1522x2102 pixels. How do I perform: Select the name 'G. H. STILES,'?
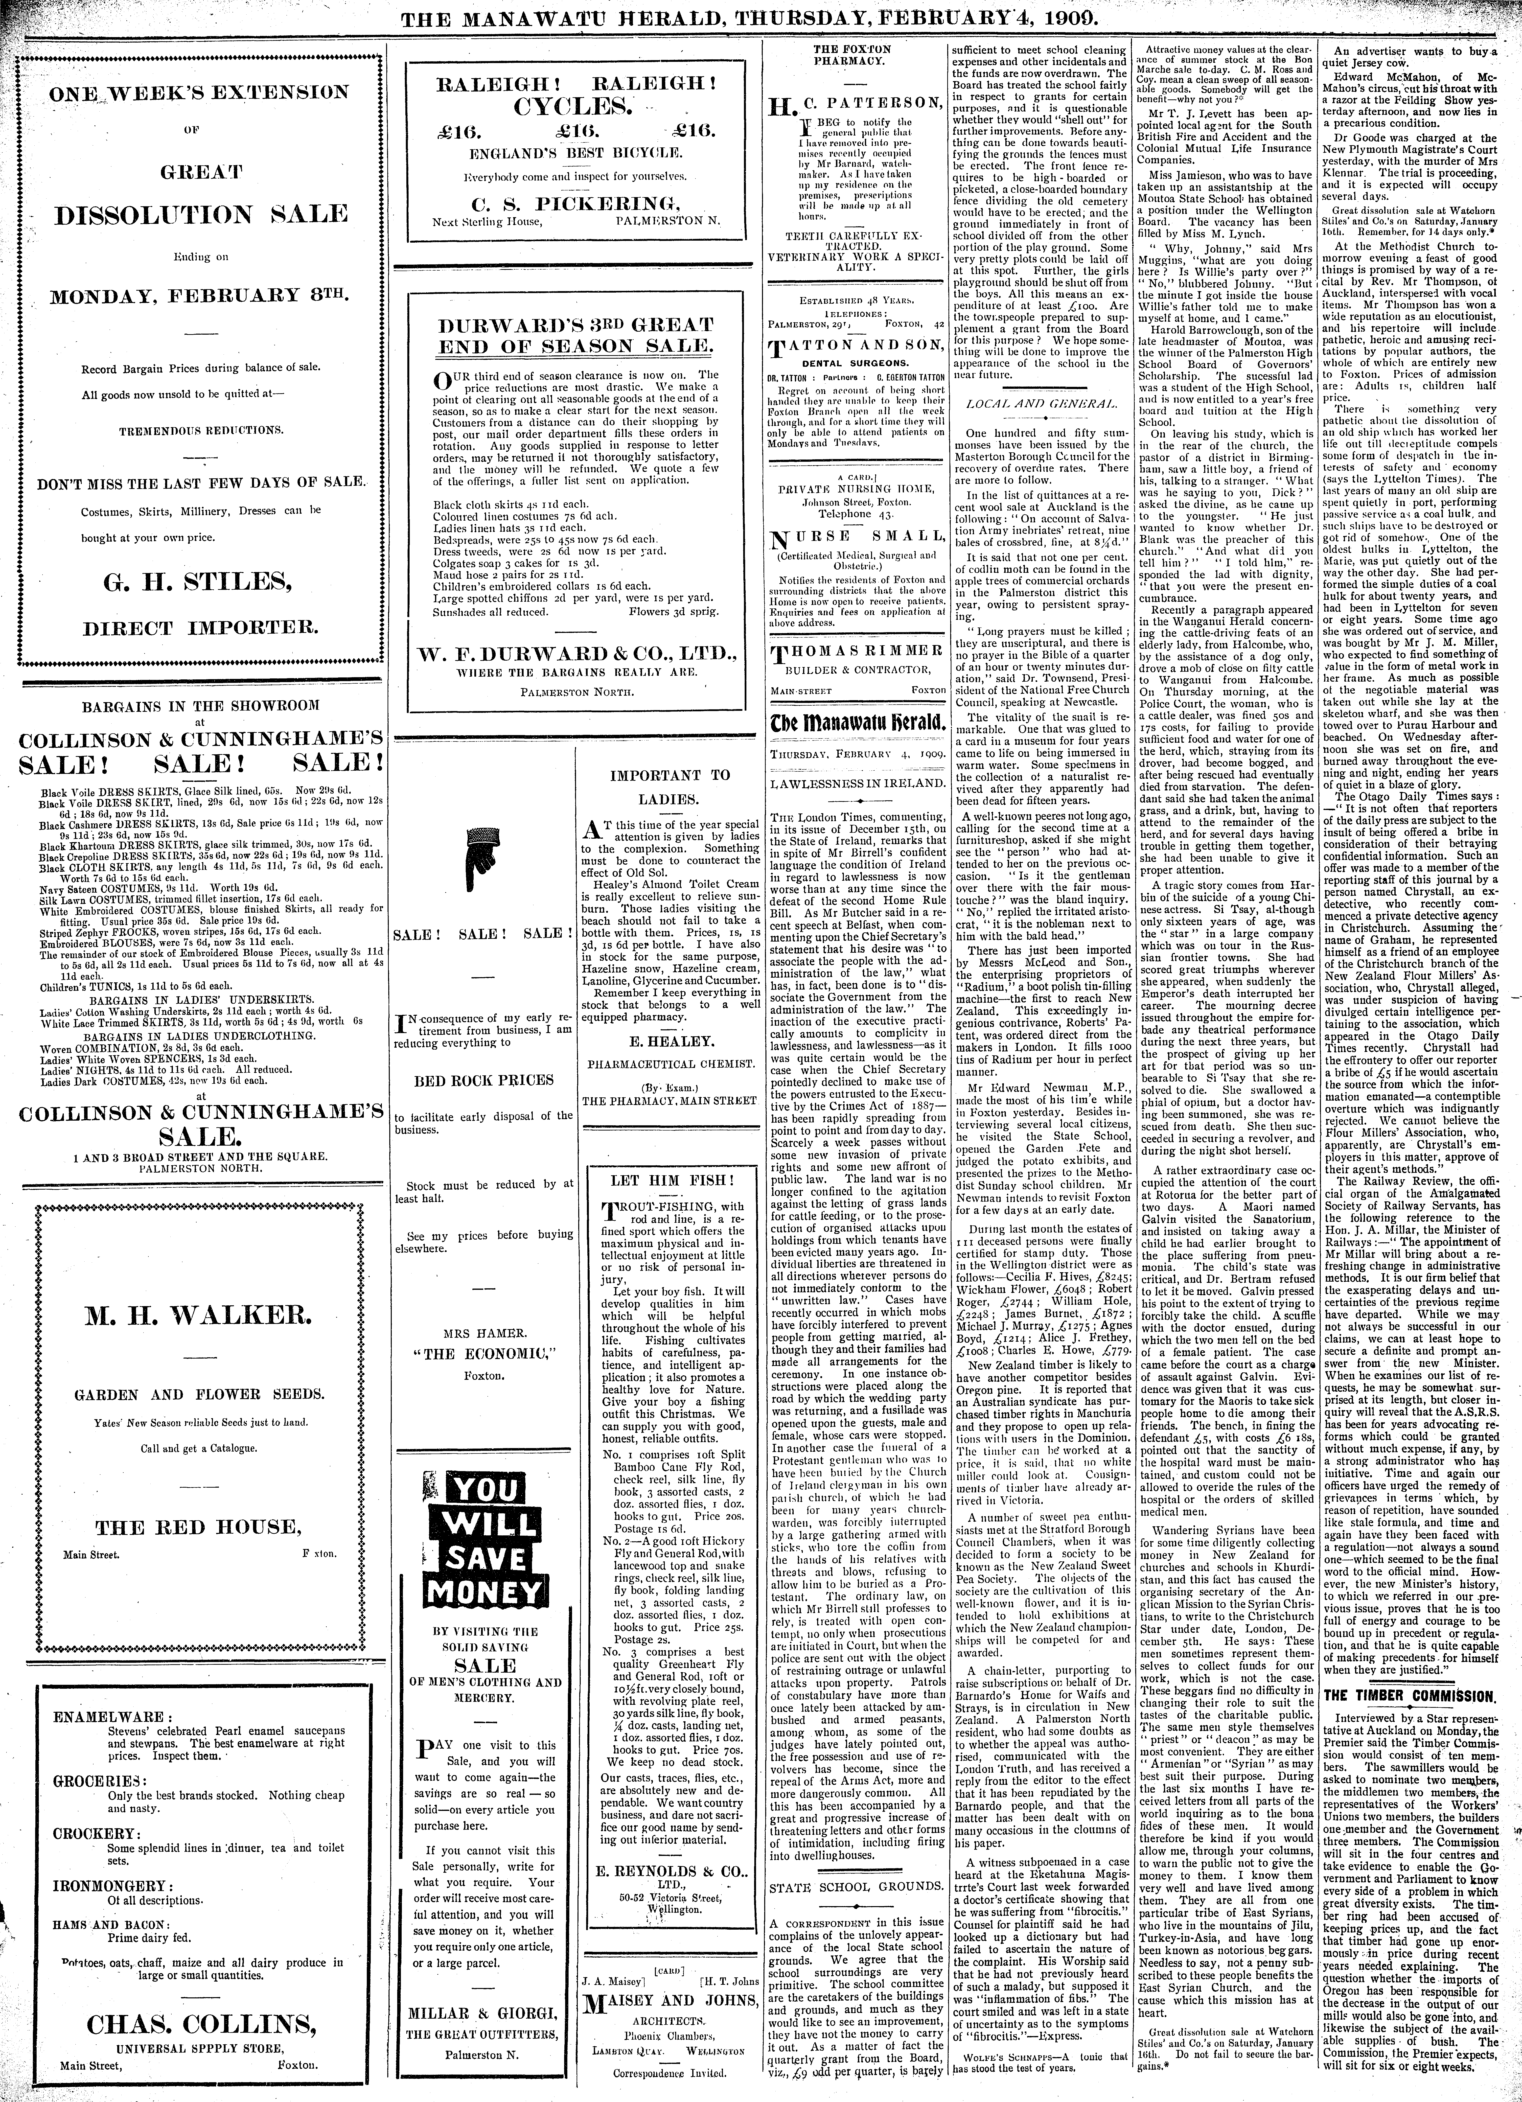pos(200,582)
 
